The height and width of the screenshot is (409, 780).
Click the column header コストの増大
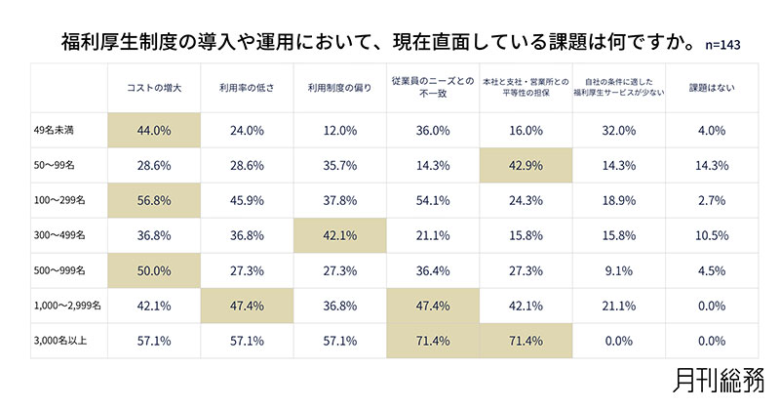coord(153,88)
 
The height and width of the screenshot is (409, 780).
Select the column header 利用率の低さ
coord(247,88)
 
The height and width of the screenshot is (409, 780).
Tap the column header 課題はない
coord(713,88)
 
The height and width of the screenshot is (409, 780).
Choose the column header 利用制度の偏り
coord(340,88)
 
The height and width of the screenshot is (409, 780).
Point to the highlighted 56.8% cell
coord(153,200)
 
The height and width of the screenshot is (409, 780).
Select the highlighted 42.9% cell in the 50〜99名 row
coord(526,165)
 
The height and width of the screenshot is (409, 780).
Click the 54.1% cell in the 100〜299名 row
coord(433,200)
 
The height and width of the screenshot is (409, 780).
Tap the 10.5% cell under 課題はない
coord(713,235)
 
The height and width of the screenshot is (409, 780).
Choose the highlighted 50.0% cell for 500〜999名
coord(153,270)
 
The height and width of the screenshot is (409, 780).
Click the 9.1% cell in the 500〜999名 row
coord(619,270)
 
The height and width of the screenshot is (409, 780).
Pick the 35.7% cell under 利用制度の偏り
coord(340,165)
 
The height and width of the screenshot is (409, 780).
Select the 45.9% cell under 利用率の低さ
coord(247,200)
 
